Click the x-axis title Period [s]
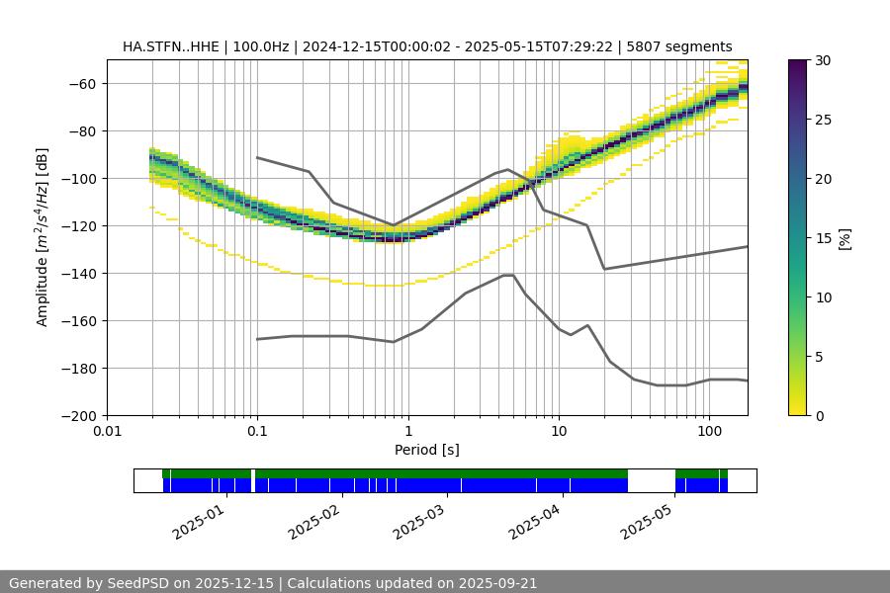(426, 450)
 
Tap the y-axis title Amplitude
(43, 237)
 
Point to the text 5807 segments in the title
(682, 46)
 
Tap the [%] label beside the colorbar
(845, 237)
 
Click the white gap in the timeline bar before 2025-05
(651, 480)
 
